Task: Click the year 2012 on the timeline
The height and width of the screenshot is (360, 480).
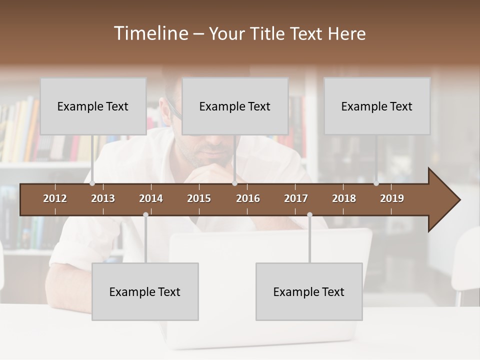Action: coord(55,198)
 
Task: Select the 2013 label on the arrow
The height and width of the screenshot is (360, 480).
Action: coord(103,198)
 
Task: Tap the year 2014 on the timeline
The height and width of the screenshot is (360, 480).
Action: coord(151,198)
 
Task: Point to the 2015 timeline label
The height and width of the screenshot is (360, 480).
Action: coord(199,198)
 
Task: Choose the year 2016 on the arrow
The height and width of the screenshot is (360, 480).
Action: coord(248,198)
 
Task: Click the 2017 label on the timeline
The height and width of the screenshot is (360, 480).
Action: coord(296,198)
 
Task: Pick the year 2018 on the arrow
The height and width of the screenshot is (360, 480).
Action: coord(344,198)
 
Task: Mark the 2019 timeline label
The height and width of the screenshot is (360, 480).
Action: coord(392,198)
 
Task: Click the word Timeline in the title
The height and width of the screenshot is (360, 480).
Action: coord(151,33)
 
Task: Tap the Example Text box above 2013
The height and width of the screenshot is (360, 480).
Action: coord(93,106)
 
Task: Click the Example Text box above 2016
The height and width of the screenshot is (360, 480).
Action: coord(235,106)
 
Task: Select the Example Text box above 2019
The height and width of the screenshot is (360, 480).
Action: coord(377,106)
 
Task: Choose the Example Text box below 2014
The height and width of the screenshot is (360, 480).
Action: coord(145,291)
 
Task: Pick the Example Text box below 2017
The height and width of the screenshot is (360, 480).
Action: coord(309,291)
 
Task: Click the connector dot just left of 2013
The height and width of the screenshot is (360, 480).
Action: coord(92,183)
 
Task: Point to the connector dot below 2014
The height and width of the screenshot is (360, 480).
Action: coord(145,214)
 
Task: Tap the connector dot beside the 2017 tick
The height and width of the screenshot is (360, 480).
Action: coord(309,214)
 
